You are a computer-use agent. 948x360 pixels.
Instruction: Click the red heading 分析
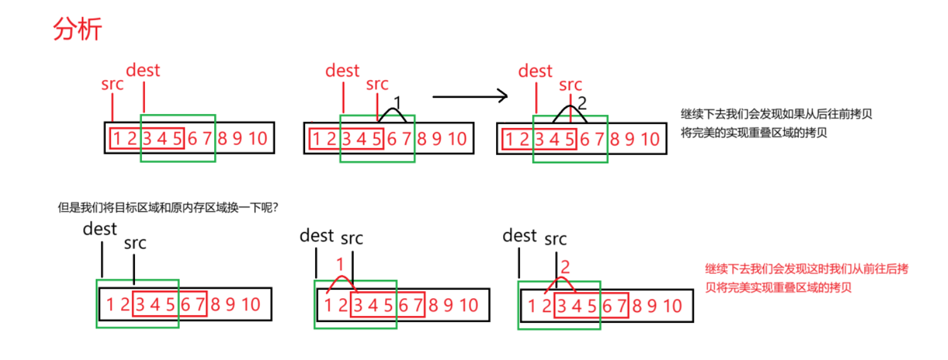[x=78, y=29]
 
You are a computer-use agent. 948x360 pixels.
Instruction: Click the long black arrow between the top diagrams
[x=470, y=96]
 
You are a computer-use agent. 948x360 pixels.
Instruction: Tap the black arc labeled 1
[x=392, y=113]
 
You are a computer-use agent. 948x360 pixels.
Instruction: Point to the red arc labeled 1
[x=341, y=281]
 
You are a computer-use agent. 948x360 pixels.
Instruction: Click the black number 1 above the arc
[x=397, y=102]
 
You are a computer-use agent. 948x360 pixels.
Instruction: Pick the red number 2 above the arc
[x=565, y=267]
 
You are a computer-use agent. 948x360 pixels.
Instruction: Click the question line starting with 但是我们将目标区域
[x=168, y=207]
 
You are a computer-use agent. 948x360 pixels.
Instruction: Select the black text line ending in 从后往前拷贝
[x=777, y=115]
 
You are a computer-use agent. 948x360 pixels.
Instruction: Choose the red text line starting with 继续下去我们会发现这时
[x=806, y=269]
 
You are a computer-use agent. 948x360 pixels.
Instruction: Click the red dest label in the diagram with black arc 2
[x=535, y=71]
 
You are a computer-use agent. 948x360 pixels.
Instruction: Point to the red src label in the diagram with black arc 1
[x=378, y=84]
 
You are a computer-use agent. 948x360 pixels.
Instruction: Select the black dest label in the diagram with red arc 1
[x=316, y=236]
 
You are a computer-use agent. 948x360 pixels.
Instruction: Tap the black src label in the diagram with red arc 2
[x=555, y=239]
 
